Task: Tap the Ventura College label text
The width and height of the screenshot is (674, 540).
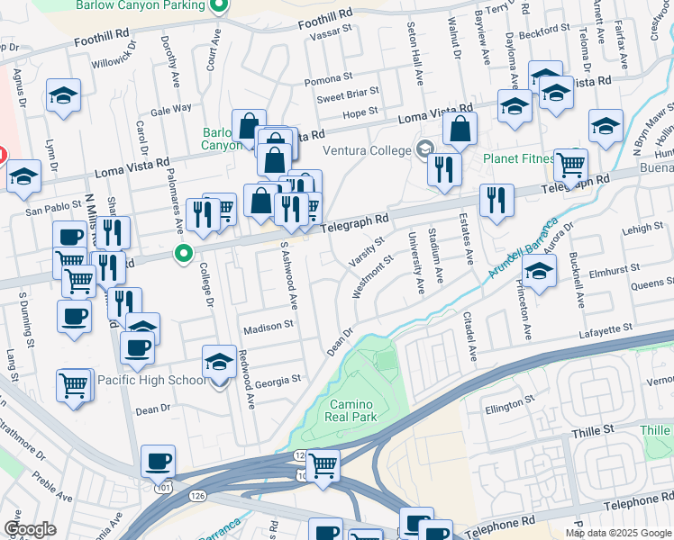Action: pyautogui.click(x=367, y=150)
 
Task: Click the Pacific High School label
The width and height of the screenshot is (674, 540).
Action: pyautogui.click(x=152, y=380)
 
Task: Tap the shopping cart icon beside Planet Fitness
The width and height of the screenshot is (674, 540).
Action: pyautogui.click(x=570, y=166)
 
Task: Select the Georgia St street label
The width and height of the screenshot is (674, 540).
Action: pyautogui.click(x=278, y=381)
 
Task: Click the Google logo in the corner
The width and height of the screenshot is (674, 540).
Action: pyautogui.click(x=30, y=528)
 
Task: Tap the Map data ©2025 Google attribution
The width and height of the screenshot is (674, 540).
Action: pyautogui.click(x=618, y=533)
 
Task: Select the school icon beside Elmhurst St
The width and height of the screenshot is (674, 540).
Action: pyautogui.click(x=539, y=270)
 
